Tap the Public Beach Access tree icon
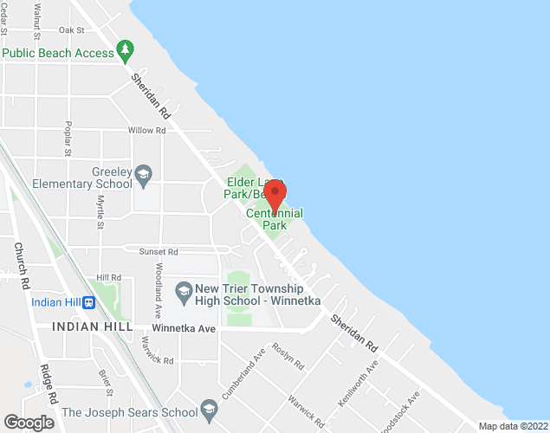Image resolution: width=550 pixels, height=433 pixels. tap(126, 52)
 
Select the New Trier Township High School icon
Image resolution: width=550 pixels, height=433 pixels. tap(183, 290)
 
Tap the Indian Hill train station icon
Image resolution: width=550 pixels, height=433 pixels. tap(88, 302)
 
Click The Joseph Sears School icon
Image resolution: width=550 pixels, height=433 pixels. tap(208, 408)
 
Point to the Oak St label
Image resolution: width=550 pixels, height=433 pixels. tap(71, 29)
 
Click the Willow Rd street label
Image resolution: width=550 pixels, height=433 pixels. tap(146, 130)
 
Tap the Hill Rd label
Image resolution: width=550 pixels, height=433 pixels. tap(109, 278)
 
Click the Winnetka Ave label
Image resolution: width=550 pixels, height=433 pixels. tap(183, 328)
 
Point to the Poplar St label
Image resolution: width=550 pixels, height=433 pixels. tap(67, 139)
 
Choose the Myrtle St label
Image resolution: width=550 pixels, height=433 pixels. tap(100, 212)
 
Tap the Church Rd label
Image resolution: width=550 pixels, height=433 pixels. tap(22, 264)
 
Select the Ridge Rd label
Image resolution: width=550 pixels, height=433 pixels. tap(48, 383)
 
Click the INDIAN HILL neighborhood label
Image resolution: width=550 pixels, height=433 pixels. tap(92, 327)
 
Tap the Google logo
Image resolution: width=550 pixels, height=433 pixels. tap(29, 422)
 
